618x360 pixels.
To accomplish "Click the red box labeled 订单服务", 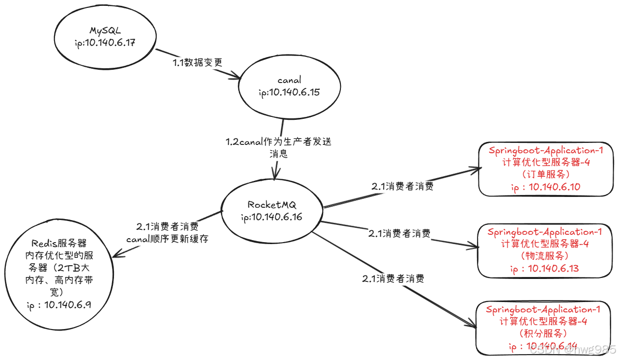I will click(x=545, y=169).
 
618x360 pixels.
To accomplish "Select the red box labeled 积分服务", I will click(x=543, y=328).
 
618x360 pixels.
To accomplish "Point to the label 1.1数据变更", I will click(x=197, y=62).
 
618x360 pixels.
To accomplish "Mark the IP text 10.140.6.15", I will click(x=295, y=92).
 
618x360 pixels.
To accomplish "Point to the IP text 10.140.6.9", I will click(x=67, y=305).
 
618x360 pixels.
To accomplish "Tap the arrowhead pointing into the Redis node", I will click(x=116, y=255).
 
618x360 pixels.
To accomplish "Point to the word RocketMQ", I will click(x=272, y=205).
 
